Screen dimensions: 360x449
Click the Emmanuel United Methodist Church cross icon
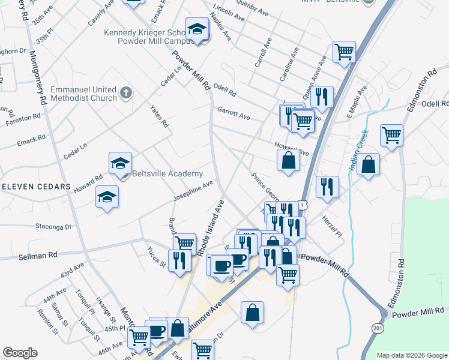pyautogui.click(x=125, y=93)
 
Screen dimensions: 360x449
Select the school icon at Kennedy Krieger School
pyautogui.click(x=196, y=29)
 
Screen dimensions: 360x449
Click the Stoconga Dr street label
pyautogui.click(x=53, y=227)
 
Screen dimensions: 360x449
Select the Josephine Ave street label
pyautogui.click(x=193, y=188)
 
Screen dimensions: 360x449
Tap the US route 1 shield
pyautogui.click(x=304, y=205)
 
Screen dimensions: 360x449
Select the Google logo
pyautogui.click(x=20, y=353)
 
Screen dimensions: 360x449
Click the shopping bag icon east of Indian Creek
pyautogui.click(x=368, y=164)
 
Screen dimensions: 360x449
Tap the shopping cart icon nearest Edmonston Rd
pyautogui.click(x=391, y=135)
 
